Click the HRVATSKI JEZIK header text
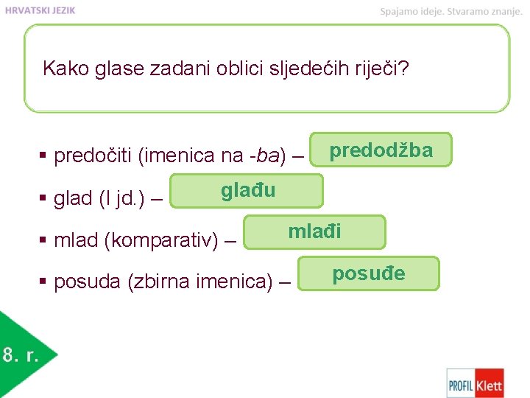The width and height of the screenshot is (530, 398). point(40,10)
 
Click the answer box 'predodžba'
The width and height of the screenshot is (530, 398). point(381,150)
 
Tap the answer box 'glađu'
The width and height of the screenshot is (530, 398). point(247,191)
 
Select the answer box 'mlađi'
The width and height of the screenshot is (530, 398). point(314,232)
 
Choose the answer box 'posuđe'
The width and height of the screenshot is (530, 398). point(369,273)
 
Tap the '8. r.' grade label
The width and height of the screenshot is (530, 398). point(21,355)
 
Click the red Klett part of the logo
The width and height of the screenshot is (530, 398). point(489,383)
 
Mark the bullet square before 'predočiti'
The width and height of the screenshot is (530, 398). point(43,156)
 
